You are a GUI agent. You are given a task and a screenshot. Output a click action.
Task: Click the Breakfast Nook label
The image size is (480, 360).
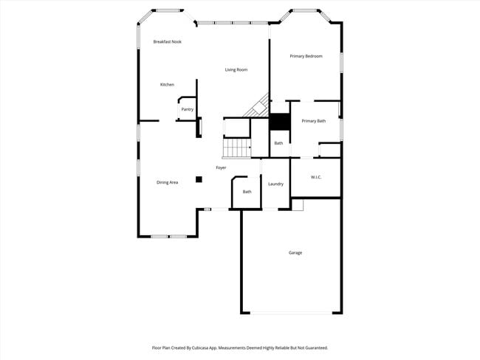[x=167, y=42]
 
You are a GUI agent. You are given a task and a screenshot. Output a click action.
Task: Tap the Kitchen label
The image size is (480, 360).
[x=167, y=85]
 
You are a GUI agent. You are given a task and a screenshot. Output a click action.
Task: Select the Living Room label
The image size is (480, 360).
[x=236, y=70]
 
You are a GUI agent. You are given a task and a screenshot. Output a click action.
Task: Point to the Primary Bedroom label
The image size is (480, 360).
[x=306, y=56]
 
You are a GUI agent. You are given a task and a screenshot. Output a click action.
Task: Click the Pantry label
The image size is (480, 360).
[x=188, y=110]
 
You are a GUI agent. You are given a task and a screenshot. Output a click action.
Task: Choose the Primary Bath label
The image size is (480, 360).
[x=313, y=121]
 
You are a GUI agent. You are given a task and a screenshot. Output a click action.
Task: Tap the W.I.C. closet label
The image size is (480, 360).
[x=315, y=177]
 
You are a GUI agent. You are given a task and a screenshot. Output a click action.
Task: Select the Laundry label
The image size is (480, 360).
[x=276, y=184]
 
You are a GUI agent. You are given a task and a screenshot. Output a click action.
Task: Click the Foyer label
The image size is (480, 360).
[x=221, y=168]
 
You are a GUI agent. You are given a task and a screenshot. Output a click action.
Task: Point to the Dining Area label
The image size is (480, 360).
[x=167, y=182]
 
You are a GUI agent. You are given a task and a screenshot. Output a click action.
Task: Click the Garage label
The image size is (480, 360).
[x=295, y=253]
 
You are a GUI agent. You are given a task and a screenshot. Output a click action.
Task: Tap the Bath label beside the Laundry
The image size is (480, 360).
[x=247, y=192]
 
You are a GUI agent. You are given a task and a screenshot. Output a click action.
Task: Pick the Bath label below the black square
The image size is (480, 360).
[x=278, y=143]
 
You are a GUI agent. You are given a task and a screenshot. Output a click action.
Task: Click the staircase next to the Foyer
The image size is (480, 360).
[x=238, y=148]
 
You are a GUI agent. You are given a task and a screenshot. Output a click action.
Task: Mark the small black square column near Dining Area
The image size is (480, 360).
[x=199, y=179]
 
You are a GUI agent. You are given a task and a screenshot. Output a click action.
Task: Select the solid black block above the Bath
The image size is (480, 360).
[x=278, y=122]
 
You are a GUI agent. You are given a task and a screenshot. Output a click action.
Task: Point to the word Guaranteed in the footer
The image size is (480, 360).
[x=314, y=347]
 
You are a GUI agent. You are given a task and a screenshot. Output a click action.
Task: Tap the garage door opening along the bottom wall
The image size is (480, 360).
[x=292, y=313]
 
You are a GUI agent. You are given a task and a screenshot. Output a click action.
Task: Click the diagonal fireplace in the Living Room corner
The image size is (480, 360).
[x=258, y=105]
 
